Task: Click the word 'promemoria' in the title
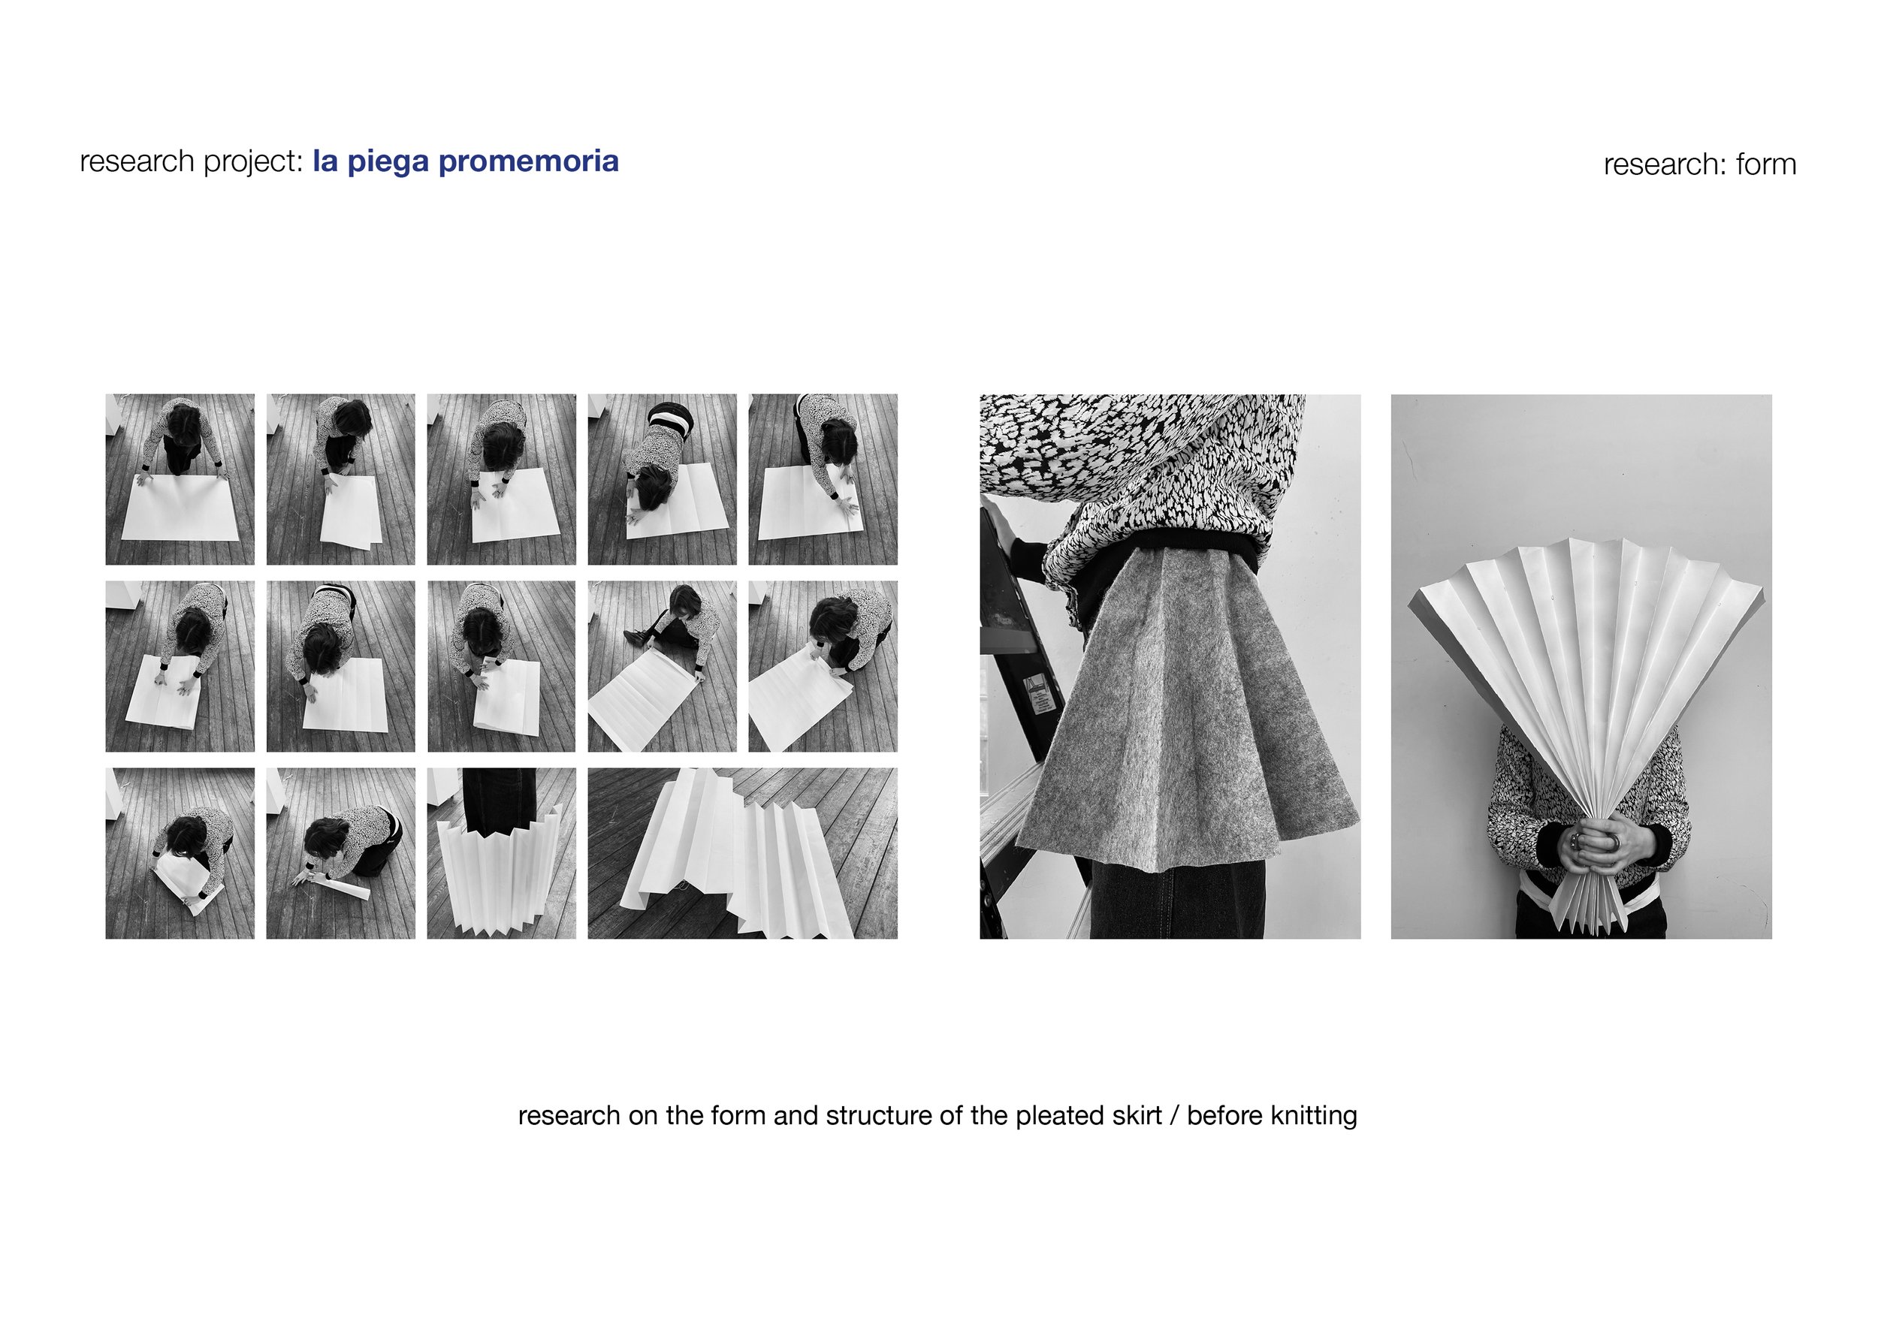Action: point(528,161)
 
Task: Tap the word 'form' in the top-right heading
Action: point(1766,164)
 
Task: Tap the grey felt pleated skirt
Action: point(1178,719)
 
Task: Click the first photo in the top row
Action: point(180,479)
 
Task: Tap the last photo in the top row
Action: point(822,479)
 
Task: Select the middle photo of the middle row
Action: point(500,665)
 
